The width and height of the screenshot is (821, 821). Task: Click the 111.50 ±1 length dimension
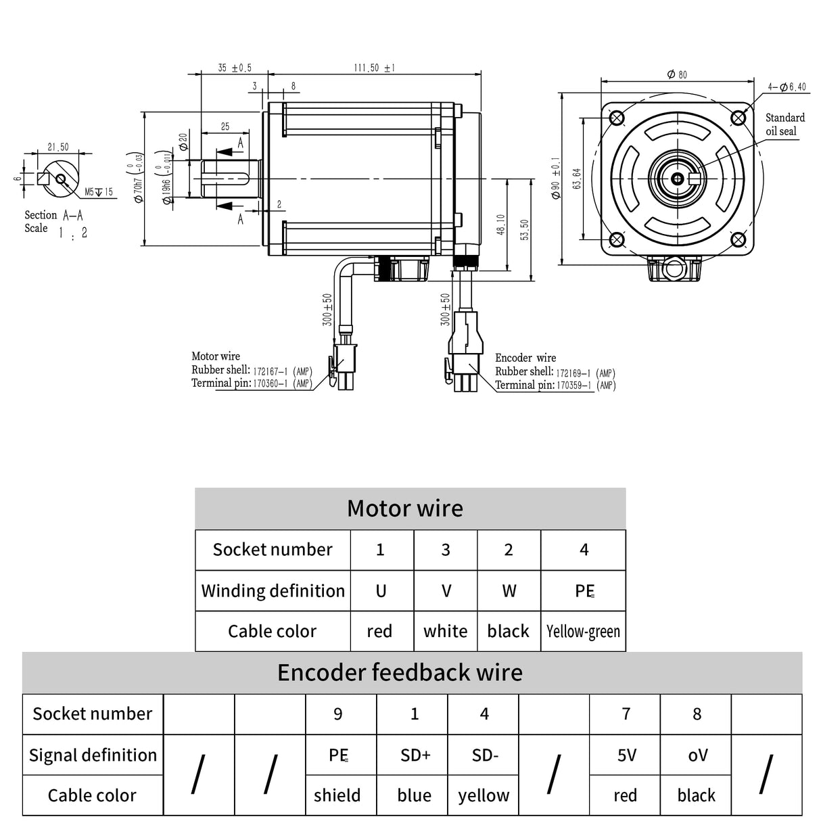pos(374,68)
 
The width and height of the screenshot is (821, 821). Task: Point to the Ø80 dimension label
pos(677,74)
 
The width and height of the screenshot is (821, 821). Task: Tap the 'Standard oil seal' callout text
pos(784,124)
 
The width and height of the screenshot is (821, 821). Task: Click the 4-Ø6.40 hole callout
pos(787,87)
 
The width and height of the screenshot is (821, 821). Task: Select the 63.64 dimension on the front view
pos(576,179)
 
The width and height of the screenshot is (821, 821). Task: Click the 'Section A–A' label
pos(54,216)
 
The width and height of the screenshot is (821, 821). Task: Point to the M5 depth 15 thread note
pos(99,193)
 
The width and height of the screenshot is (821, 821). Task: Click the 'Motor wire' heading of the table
pos(404,509)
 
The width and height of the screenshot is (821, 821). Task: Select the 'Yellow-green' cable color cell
pos(583,632)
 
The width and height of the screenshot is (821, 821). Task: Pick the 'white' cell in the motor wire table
pos(445,632)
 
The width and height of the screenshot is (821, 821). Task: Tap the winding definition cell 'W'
pos(509,591)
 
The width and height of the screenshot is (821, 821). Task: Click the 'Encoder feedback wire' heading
pos(400,673)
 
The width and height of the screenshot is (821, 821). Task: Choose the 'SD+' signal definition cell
pos(415,755)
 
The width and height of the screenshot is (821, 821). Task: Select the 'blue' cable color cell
pos(415,796)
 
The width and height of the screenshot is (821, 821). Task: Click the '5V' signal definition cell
pos(626,755)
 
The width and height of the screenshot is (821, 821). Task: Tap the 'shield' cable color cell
pos(337,796)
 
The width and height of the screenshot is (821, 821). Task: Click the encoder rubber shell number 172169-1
pos(573,373)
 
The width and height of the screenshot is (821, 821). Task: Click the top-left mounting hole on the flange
pos(617,118)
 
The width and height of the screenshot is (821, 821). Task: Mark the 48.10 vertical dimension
pos(500,224)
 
